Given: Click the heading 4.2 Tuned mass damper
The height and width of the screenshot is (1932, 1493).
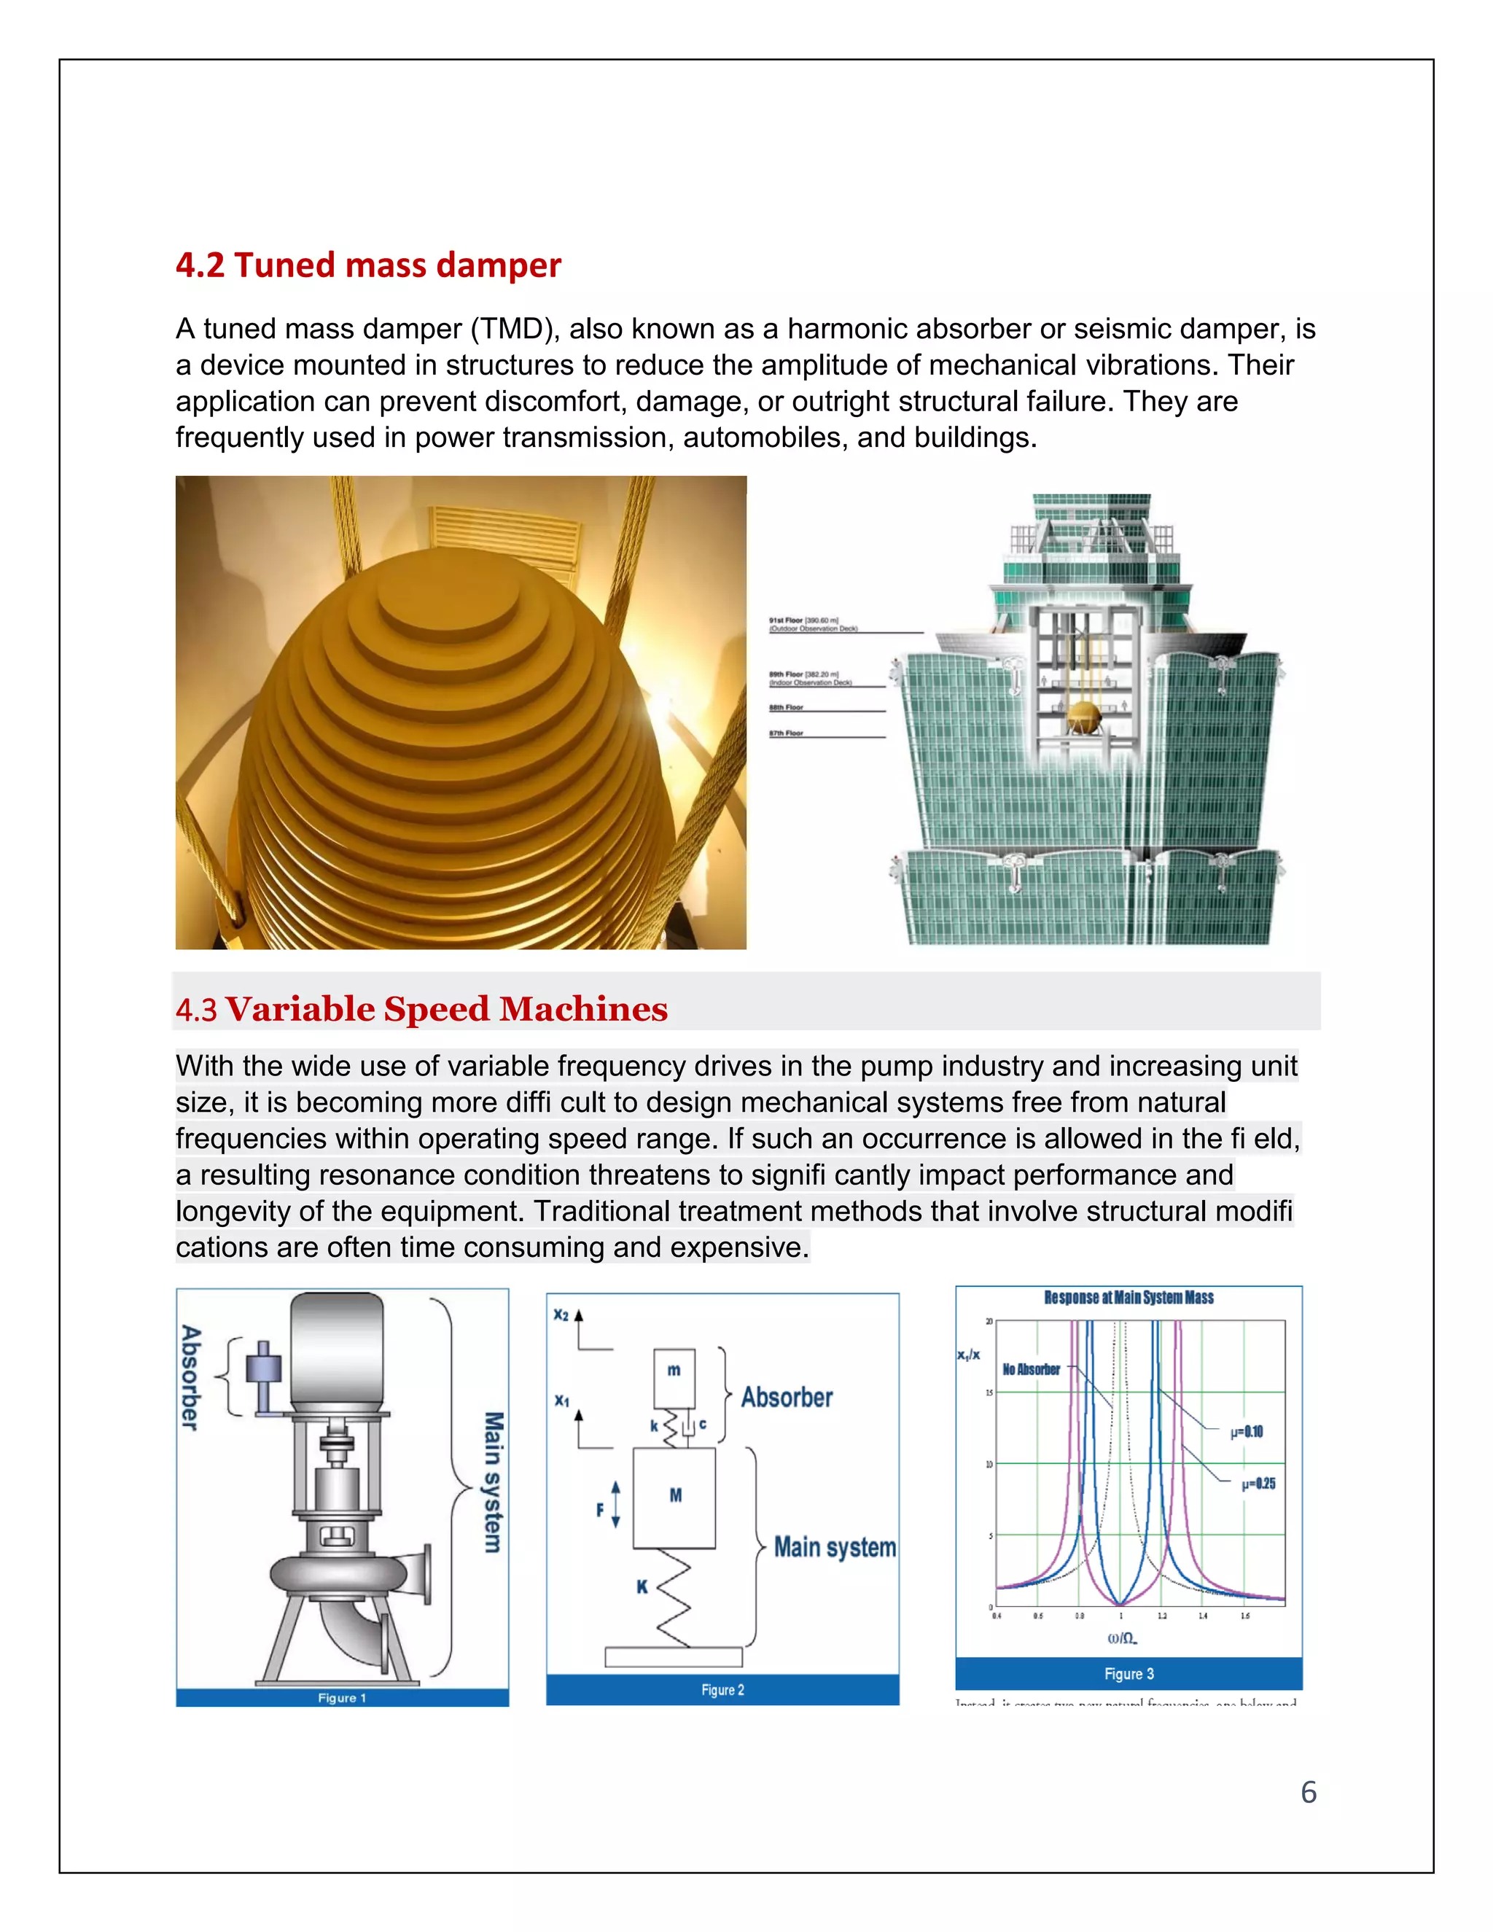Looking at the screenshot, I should [x=368, y=265].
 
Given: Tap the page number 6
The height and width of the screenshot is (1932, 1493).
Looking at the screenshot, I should [x=1308, y=1792].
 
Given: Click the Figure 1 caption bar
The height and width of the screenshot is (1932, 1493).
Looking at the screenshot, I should [x=343, y=1697].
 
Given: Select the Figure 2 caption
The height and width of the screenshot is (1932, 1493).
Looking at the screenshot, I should [x=722, y=1690].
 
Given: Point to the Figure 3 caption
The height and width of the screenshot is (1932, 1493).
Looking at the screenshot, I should [x=1128, y=1674].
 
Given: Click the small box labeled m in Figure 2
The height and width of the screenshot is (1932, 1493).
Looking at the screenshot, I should [x=674, y=1376].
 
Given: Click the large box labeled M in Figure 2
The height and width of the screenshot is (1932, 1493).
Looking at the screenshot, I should [x=674, y=1497].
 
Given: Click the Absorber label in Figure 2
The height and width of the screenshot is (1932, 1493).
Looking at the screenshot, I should [x=787, y=1398].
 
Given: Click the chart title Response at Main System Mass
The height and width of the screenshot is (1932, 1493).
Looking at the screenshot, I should [x=1128, y=1298].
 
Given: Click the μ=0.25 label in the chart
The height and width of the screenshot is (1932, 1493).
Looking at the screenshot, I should [x=1258, y=1484].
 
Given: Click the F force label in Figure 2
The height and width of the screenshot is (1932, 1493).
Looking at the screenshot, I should [x=601, y=1510].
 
